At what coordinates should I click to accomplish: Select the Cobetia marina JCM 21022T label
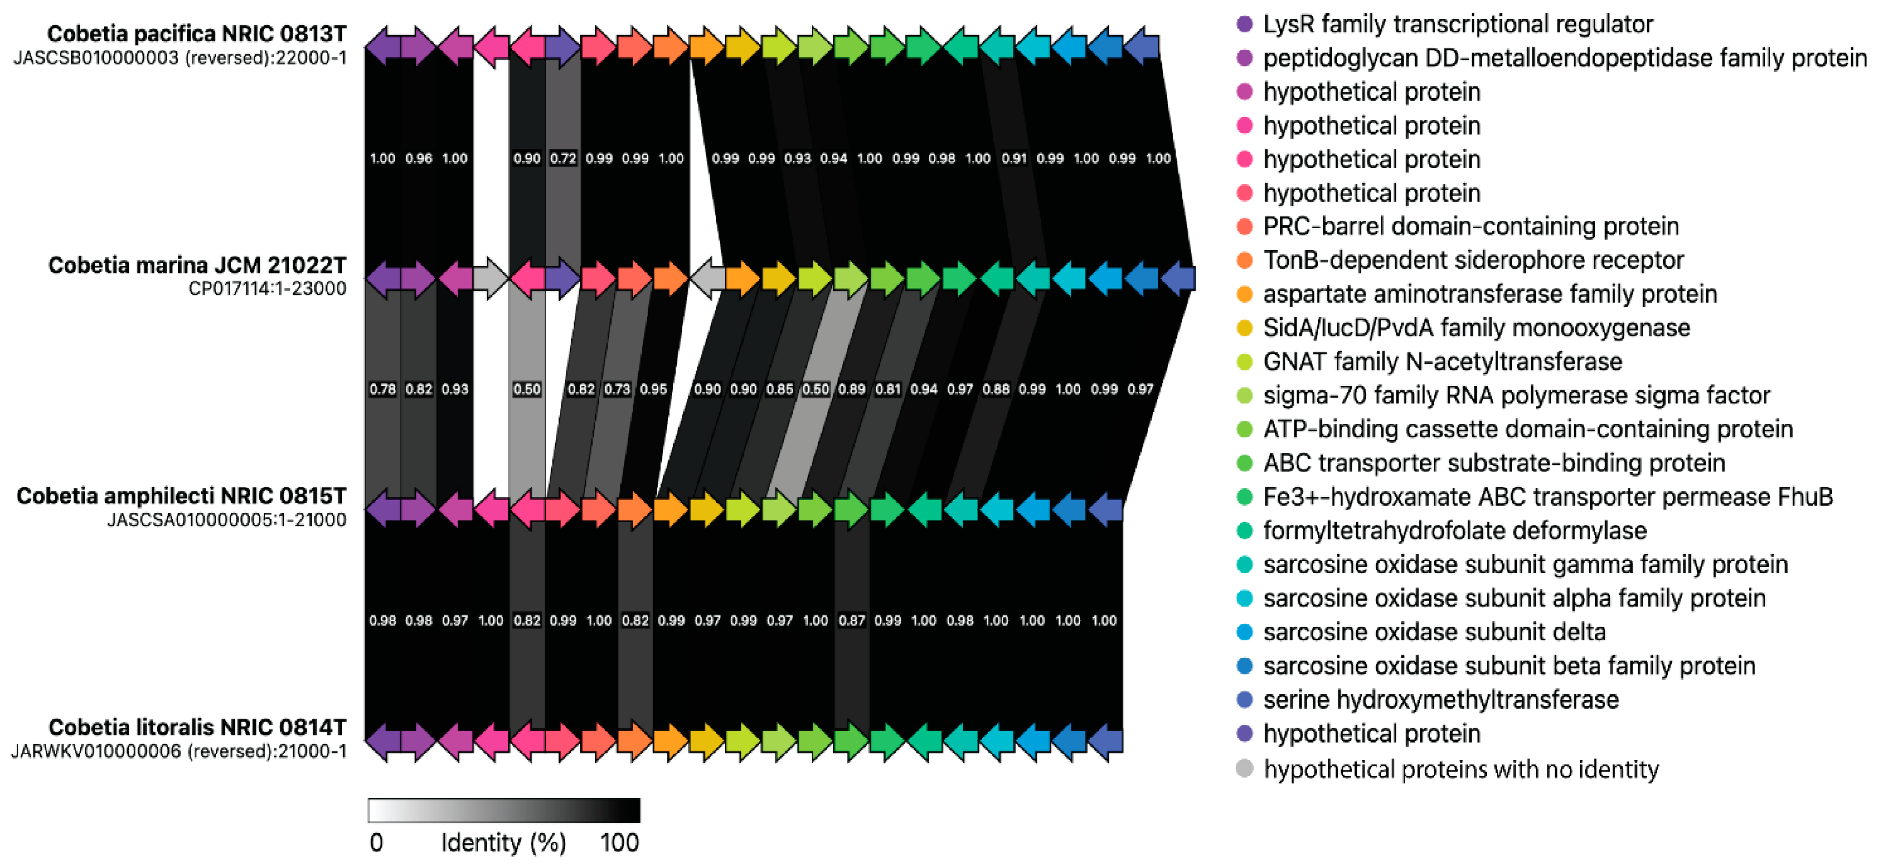click(197, 265)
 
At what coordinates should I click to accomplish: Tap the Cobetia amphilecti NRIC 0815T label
click(181, 496)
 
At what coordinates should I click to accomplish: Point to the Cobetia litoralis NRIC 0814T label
click(197, 727)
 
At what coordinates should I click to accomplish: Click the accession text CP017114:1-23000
click(267, 289)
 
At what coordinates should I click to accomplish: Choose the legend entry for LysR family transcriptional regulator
click(1458, 24)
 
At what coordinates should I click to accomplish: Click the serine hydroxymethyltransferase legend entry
click(1441, 699)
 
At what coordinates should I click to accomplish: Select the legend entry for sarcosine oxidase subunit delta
click(1434, 632)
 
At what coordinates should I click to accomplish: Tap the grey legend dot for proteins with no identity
click(1245, 768)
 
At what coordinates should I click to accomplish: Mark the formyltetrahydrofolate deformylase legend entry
click(1454, 530)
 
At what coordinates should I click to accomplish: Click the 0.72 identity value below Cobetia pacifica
click(563, 158)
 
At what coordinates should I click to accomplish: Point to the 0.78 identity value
click(382, 389)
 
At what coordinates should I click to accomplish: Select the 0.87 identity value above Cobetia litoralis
click(851, 621)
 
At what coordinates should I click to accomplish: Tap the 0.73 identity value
click(617, 389)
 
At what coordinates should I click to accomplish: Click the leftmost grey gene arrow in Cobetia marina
click(490, 279)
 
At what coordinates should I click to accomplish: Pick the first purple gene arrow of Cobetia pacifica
click(382, 47)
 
